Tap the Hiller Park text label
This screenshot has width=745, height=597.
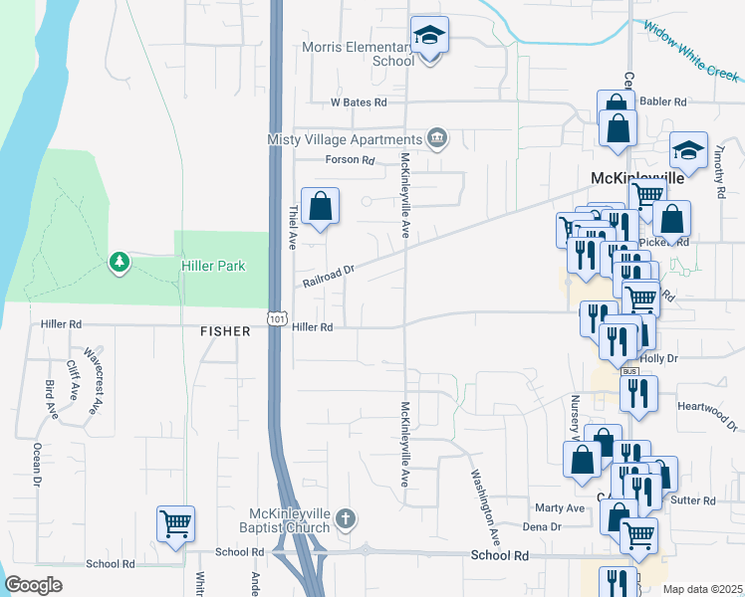(213, 266)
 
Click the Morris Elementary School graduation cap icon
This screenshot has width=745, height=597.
(429, 37)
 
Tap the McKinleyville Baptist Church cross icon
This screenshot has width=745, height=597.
(346, 518)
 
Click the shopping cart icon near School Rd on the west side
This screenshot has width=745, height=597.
(175, 523)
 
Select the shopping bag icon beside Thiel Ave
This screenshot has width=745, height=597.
(321, 208)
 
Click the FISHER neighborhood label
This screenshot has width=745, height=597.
(224, 330)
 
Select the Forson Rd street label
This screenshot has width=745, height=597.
(350, 160)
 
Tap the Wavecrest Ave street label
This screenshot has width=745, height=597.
(94, 379)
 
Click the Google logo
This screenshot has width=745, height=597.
(34, 585)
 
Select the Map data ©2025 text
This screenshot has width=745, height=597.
(702, 589)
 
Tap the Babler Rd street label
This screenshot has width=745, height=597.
(665, 101)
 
